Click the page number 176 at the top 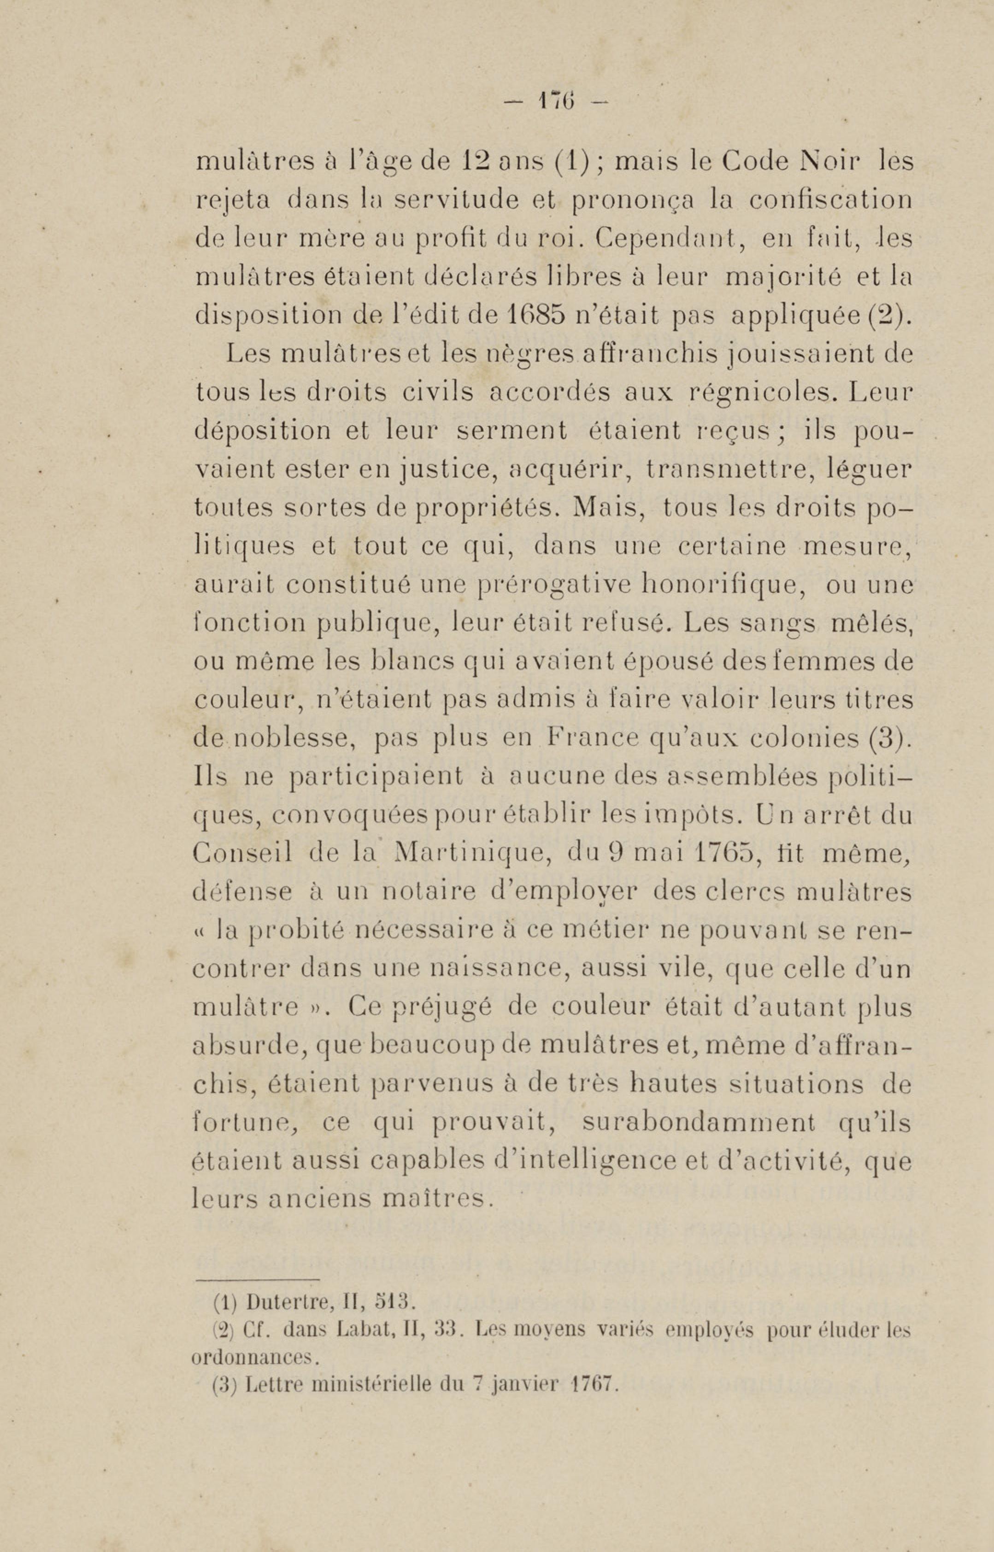[x=556, y=101]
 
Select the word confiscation [x=831, y=200]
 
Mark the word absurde [x=250, y=1048]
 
